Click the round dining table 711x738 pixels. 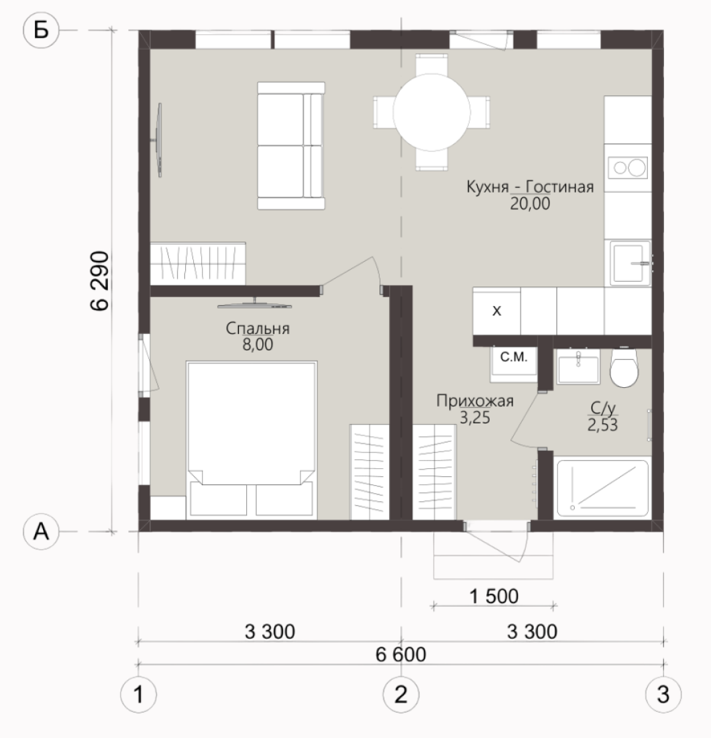tap(431, 113)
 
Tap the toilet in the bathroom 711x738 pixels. tap(624, 367)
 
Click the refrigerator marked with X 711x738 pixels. tap(496, 311)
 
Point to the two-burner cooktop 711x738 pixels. tap(628, 168)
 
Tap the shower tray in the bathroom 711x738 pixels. tap(603, 488)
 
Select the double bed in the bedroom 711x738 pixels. tap(252, 440)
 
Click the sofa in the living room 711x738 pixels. tap(291, 146)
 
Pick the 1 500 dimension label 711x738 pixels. tap(494, 596)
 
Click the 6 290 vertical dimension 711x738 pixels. tap(100, 281)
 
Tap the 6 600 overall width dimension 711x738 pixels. tap(401, 654)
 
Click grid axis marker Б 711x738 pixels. tap(41, 31)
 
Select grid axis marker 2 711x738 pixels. tap(401, 694)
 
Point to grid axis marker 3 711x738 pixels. tap(663, 694)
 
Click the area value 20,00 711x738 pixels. tap(530, 204)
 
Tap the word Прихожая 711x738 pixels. tap(475, 401)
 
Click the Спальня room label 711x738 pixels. tap(258, 329)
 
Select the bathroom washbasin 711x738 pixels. tap(578, 369)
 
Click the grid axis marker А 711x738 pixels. tap(41, 532)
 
